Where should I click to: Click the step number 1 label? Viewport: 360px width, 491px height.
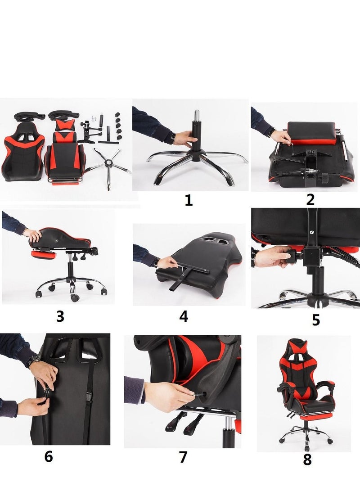[189, 201]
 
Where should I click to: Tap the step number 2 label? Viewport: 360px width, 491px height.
[310, 199]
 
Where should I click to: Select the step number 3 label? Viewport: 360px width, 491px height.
[60, 316]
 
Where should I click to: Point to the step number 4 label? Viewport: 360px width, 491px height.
[183, 316]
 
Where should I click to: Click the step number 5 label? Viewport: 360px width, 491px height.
[316, 320]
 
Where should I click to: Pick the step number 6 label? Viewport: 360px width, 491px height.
[49, 456]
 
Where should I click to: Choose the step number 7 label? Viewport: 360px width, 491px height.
[183, 457]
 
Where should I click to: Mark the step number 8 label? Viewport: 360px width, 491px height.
[307, 460]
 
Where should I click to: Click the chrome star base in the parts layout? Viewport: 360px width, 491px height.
[108, 167]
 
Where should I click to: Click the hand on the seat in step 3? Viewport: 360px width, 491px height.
[33, 234]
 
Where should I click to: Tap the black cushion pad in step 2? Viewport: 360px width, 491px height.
[311, 131]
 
